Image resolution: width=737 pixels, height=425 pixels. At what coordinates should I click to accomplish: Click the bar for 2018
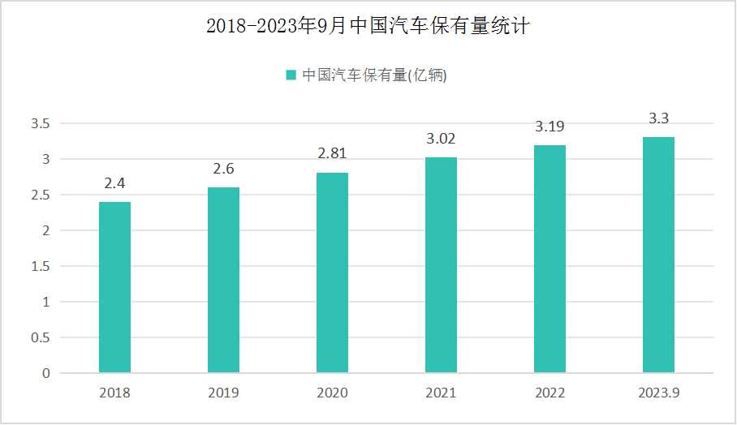tap(114, 287)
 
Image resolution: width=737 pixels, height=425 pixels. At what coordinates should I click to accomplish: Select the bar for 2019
tap(223, 280)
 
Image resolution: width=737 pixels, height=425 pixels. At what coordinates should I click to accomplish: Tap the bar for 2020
tap(332, 273)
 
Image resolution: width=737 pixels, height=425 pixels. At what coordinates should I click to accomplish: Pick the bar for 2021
tap(441, 265)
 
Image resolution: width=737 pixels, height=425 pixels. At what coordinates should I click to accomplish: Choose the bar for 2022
tap(550, 259)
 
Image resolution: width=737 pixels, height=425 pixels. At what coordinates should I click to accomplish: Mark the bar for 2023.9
tap(658, 255)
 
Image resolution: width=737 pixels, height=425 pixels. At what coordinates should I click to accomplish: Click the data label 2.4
tap(114, 184)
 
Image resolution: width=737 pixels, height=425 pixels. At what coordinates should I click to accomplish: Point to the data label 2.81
tap(332, 154)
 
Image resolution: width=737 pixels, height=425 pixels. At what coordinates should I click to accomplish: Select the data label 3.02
tap(441, 140)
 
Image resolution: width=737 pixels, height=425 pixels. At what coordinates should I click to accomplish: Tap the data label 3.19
tap(550, 127)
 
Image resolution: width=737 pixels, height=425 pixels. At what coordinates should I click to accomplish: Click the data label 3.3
tap(658, 118)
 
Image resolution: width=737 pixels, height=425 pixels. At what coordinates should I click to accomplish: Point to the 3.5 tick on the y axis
tap(40, 124)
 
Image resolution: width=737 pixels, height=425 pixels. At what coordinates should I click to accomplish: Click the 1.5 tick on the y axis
tap(40, 266)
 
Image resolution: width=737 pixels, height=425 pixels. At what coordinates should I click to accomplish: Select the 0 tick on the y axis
tap(45, 373)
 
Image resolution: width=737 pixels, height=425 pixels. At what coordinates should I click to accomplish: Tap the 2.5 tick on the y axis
tap(40, 195)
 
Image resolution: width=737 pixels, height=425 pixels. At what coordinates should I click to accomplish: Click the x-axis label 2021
tap(441, 393)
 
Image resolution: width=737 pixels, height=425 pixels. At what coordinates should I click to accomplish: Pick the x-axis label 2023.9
tap(658, 393)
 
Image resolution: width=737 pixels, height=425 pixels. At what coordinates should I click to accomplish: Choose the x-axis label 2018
tap(114, 393)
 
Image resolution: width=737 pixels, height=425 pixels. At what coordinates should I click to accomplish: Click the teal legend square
tap(291, 75)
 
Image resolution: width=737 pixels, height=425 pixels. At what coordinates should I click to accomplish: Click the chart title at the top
tap(368, 27)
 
